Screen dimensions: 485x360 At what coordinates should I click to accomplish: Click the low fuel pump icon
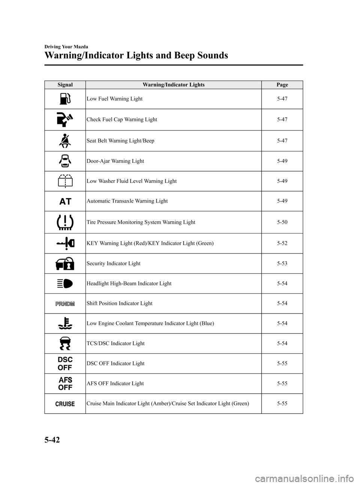pos(65,99)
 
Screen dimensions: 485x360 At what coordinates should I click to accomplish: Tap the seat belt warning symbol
pos(65,141)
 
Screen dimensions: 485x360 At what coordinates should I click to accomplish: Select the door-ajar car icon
pos(65,161)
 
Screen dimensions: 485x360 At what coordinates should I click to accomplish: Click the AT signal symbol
pos(65,201)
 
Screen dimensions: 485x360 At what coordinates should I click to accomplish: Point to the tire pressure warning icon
pos(65,222)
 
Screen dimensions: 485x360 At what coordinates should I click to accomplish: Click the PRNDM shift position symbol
pos(65,303)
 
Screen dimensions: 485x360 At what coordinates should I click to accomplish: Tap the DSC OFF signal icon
pos(65,363)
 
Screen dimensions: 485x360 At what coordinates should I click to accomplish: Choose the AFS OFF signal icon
pos(65,384)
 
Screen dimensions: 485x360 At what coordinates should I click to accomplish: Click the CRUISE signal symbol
pos(65,404)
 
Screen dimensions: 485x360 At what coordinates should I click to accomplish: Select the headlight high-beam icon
pos(65,284)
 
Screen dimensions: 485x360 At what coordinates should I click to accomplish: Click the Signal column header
pos(65,85)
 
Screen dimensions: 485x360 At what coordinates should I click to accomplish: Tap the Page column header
pos(282,85)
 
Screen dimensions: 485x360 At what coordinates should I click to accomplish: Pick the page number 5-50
pos(282,222)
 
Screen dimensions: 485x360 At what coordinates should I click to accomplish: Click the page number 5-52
pos(282,243)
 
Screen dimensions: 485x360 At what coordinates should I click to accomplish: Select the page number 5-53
pos(282,263)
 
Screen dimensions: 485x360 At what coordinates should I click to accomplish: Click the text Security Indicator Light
pos(113,263)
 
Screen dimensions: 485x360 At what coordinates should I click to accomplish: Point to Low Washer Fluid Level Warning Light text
pos(131,181)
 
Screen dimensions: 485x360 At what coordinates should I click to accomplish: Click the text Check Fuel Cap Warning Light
pos(121,119)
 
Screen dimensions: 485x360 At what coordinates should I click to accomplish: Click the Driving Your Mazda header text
pos(66,47)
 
